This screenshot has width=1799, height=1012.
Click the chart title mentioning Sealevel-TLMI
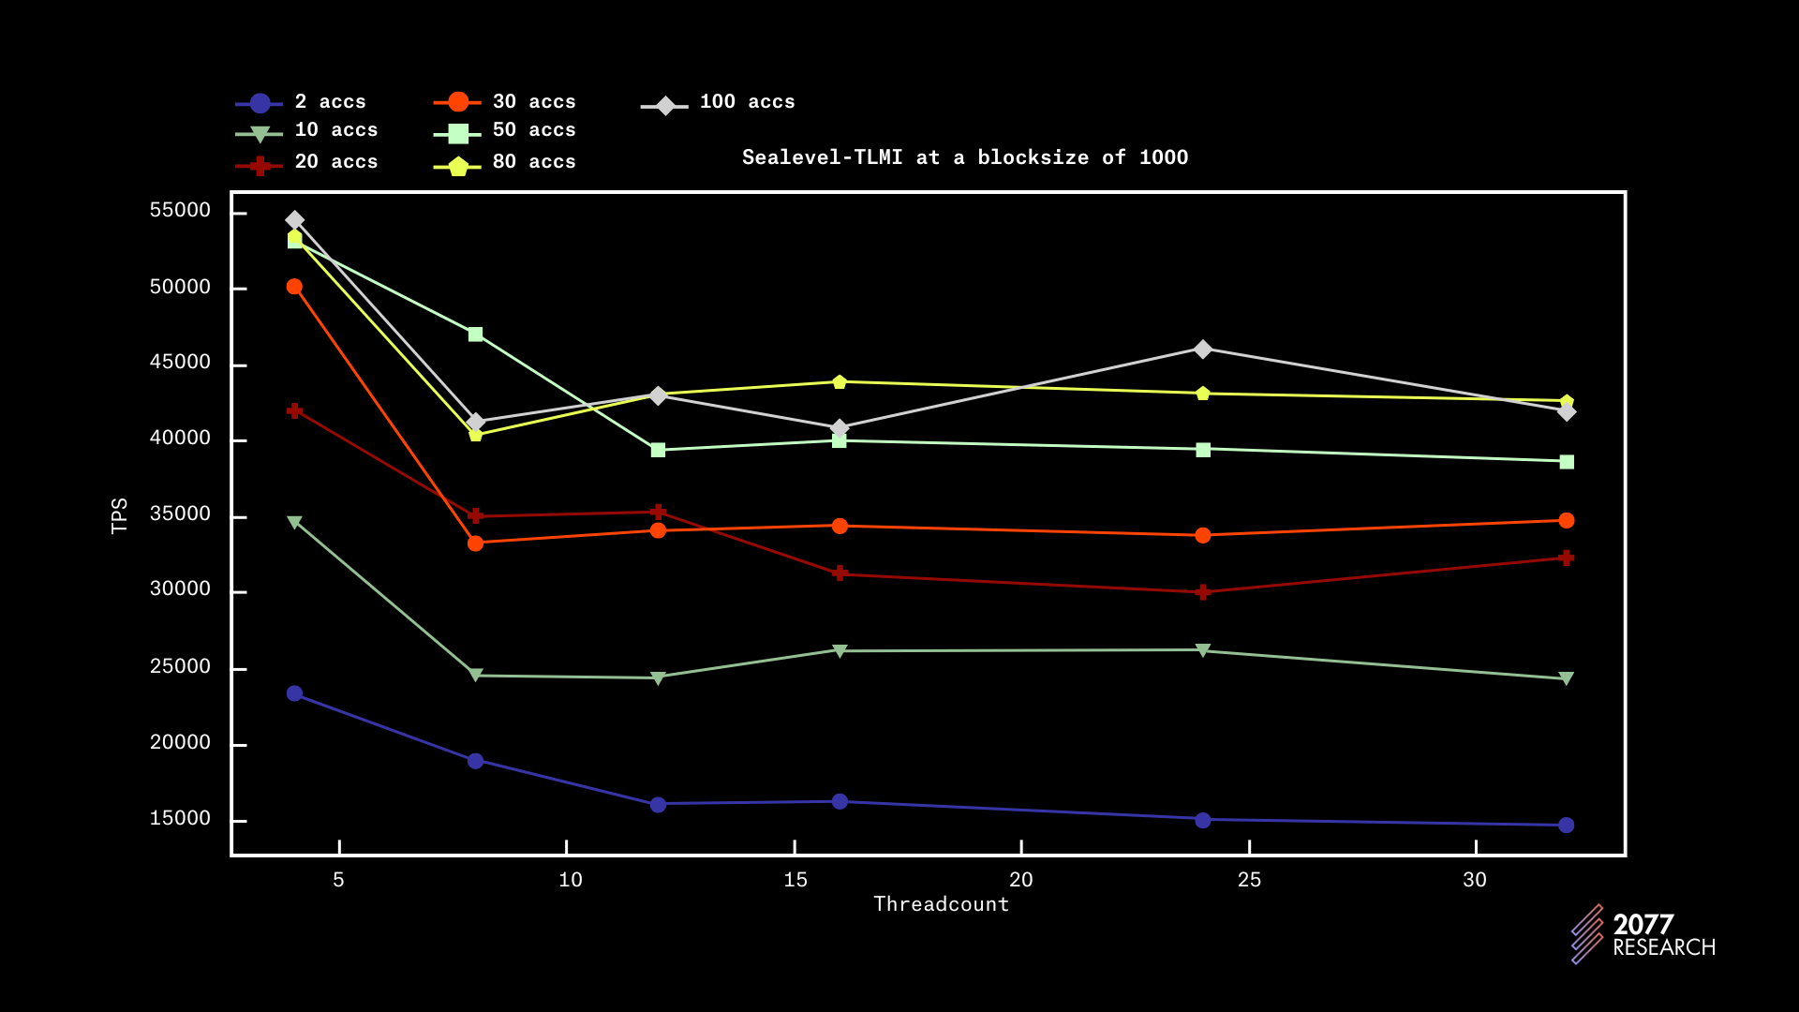click(964, 157)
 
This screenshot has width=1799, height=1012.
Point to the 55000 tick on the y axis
click(180, 211)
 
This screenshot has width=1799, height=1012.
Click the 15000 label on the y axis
click(180, 819)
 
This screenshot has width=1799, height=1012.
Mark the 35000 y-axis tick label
click(180, 514)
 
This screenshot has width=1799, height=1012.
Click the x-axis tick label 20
click(1020, 880)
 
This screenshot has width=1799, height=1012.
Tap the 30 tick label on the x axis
click(1475, 880)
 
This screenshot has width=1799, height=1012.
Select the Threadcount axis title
click(941, 904)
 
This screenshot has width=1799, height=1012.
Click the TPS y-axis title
click(119, 516)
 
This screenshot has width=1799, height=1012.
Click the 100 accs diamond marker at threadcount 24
click(1203, 350)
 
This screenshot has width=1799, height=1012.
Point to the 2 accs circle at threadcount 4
click(294, 693)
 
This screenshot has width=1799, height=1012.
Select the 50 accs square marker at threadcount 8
click(475, 335)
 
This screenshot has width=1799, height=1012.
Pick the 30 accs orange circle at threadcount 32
click(1566, 521)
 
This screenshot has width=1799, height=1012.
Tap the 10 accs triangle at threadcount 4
click(294, 522)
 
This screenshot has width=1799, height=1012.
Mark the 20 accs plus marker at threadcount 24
click(1203, 592)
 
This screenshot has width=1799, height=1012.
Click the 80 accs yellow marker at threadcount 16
click(840, 381)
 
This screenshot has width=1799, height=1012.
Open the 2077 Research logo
click(1643, 934)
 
